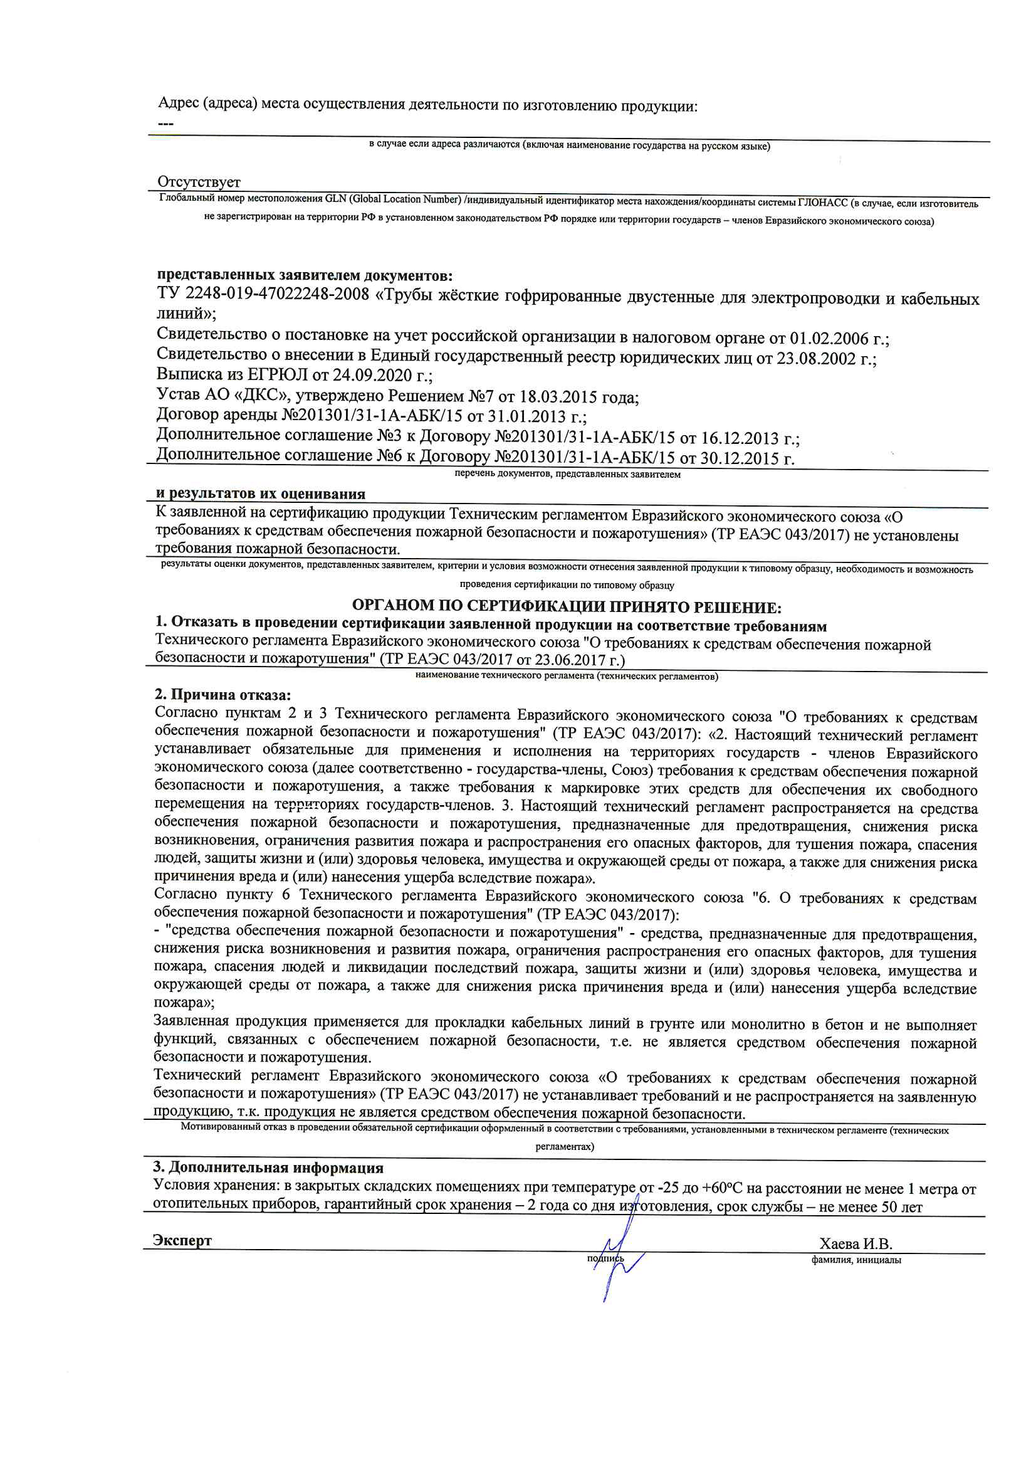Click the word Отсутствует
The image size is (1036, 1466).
click(x=199, y=182)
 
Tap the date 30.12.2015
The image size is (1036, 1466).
click(x=737, y=458)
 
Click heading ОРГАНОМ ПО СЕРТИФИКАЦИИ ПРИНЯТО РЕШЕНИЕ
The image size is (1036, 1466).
click(x=566, y=606)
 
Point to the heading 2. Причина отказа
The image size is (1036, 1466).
click(x=222, y=695)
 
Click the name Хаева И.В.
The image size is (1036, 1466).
click(x=855, y=1243)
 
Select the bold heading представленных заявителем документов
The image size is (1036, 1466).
click(x=305, y=275)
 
